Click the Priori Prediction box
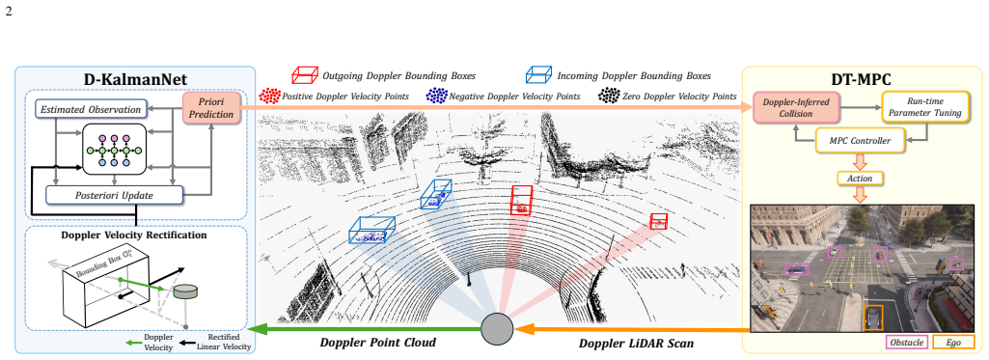click(x=212, y=108)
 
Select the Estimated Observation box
click(x=91, y=109)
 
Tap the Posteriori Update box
click(x=115, y=196)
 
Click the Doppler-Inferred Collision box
click(x=796, y=108)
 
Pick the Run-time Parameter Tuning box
click(x=925, y=107)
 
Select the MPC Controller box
click(x=861, y=141)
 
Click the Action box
click(x=860, y=179)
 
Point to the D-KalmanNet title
click(x=136, y=79)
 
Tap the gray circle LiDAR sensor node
click(x=497, y=328)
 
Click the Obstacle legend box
click(x=907, y=343)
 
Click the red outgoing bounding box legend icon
click(x=305, y=75)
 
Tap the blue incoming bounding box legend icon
click(x=539, y=75)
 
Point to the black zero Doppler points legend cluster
click(x=609, y=96)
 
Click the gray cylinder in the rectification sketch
click(x=185, y=291)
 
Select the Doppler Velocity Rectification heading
click(x=134, y=235)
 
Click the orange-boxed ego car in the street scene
click(x=873, y=317)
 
